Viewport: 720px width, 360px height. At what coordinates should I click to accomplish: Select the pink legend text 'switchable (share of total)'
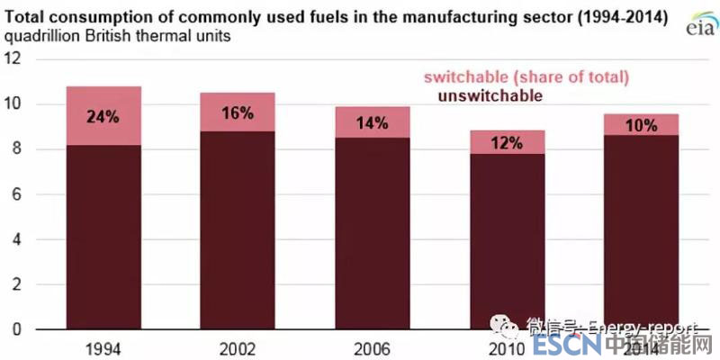coord(526,77)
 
